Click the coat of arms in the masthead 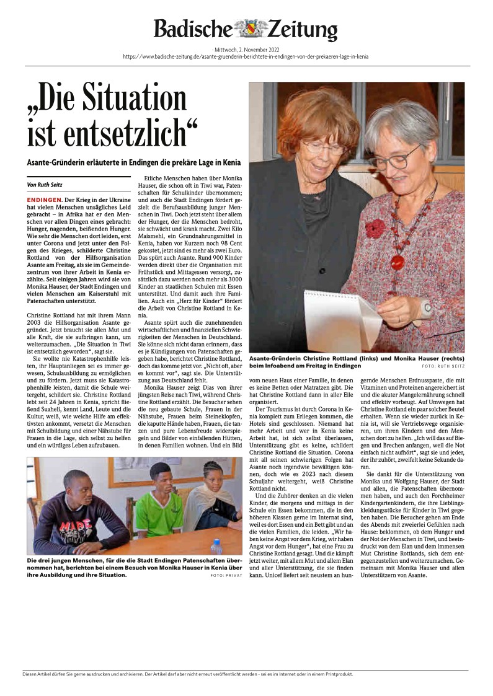(250, 29)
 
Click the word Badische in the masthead (192, 30)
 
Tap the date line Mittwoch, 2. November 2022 (246, 48)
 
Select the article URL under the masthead (246, 56)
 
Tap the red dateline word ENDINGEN (45, 200)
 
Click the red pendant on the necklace (398, 262)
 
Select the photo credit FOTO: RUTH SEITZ (443, 366)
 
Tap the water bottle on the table (216, 547)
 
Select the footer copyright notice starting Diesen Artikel (187, 674)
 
